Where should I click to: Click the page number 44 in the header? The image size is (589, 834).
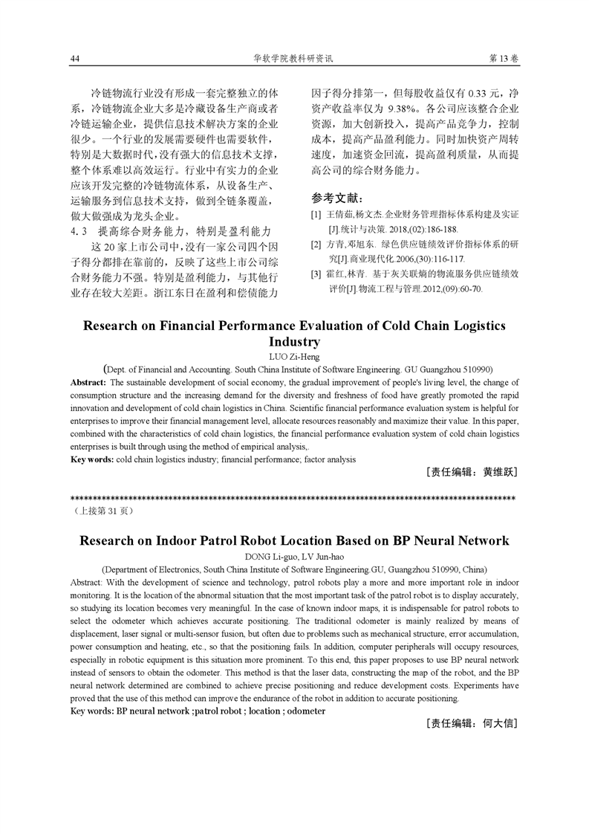tap(74, 58)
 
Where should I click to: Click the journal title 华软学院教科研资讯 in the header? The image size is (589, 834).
tap(294, 58)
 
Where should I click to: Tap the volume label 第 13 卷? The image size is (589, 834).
tap(503, 58)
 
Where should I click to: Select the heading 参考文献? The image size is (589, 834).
tap(338, 198)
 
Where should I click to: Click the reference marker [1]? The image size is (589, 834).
tap(316, 215)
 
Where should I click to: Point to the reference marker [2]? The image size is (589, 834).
tap(316, 245)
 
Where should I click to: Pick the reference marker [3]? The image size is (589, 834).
tap(316, 274)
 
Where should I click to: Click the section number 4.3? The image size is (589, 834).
tap(79, 231)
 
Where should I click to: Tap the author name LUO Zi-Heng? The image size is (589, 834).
tap(294, 357)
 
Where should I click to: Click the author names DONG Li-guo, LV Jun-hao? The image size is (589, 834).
tap(294, 556)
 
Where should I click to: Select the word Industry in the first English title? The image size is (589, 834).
tap(294, 342)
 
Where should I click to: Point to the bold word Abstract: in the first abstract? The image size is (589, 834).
tap(88, 382)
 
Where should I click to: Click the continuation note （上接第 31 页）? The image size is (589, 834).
tap(102, 511)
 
